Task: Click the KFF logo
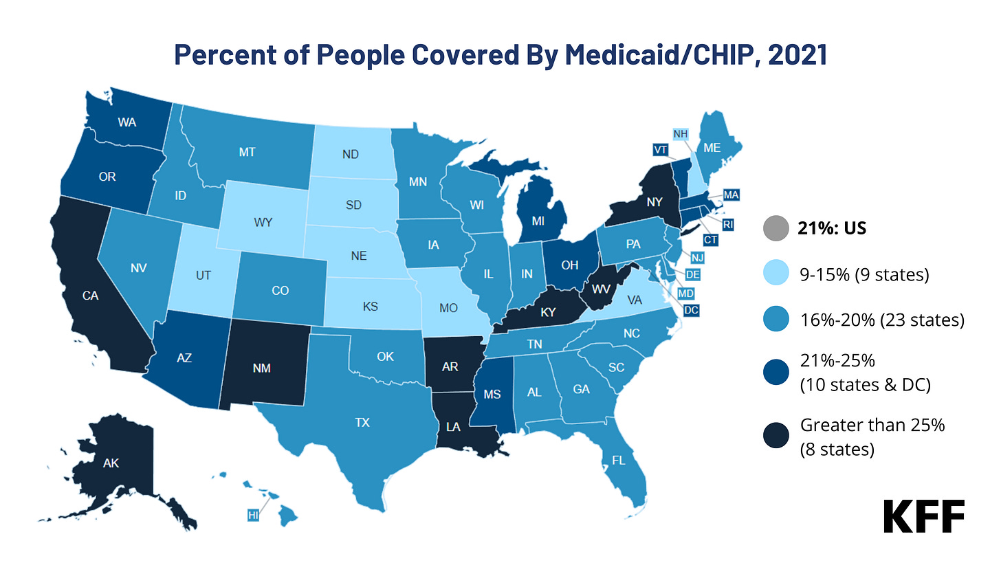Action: click(923, 516)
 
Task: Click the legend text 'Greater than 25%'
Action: click(872, 425)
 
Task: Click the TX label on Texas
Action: click(362, 423)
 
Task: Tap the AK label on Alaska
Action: click(111, 463)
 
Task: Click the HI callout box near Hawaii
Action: click(252, 514)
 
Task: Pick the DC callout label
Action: click(692, 310)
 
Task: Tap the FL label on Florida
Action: click(618, 460)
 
